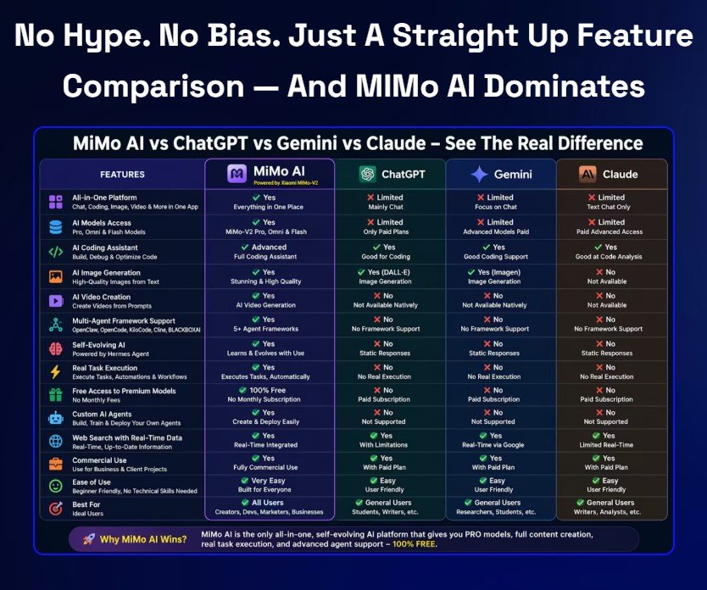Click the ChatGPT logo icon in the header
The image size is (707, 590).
coord(367,174)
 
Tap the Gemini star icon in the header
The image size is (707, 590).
coord(479,174)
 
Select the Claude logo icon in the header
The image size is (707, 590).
coord(587,174)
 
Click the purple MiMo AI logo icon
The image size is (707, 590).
coord(237,174)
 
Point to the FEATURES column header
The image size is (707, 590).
coord(122,175)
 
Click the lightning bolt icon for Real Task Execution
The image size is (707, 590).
coord(56,371)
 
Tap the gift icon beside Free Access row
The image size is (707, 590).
coord(56,395)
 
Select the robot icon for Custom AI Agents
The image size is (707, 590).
coord(56,418)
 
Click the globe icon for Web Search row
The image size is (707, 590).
coord(56,441)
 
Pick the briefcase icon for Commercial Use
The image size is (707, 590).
coord(56,464)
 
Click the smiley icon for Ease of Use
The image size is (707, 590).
coord(56,487)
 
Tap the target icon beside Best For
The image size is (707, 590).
coord(56,509)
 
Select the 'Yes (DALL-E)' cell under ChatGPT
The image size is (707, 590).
coord(387,272)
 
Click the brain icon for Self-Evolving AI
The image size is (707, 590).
coord(56,348)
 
